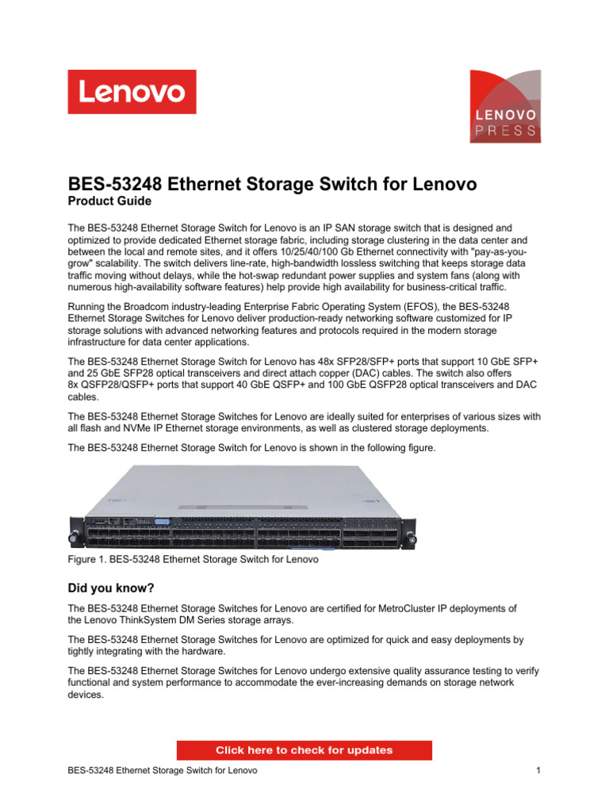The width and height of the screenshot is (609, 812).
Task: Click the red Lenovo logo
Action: point(132,92)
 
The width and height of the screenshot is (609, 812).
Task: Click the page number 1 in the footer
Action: point(538,770)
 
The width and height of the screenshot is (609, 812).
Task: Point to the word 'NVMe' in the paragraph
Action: point(149,428)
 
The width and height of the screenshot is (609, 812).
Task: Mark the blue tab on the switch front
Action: point(163,521)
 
